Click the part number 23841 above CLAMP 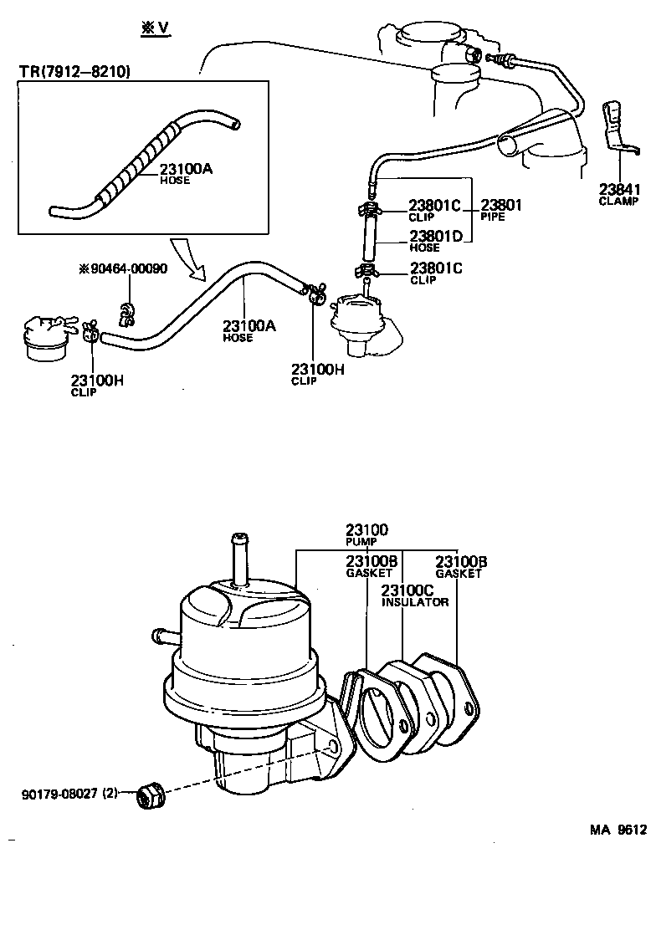pyautogui.click(x=618, y=189)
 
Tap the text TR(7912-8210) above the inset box pyautogui.click(x=74, y=73)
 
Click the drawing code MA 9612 pyautogui.click(x=618, y=830)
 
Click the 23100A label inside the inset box pyautogui.click(x=186, y=169)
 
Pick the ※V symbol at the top pyautogui.click(x=155, y=28)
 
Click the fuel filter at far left pyautogui.click(x=44, y=340)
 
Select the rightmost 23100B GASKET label pyautogui.click(x=458, y=567)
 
